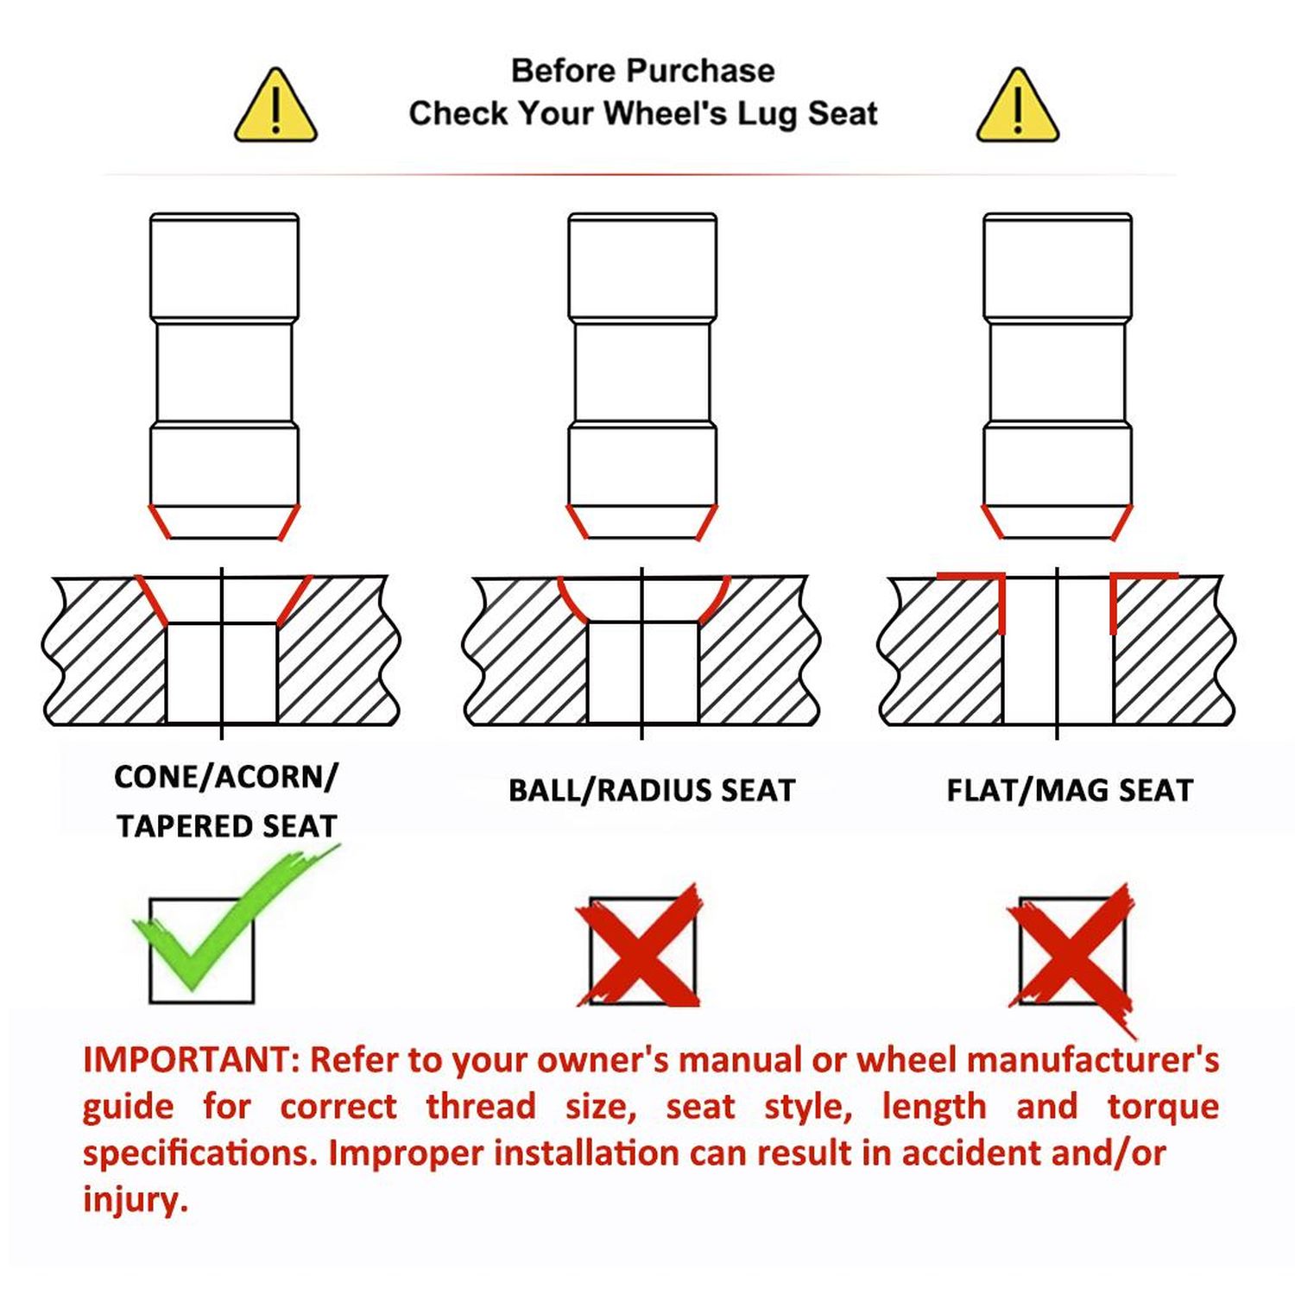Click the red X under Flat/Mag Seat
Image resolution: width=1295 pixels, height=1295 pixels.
tap(1072, 954)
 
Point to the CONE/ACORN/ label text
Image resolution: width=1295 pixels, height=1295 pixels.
tap(226, 777)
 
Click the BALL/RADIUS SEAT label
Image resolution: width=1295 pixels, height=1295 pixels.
tap(651, 791)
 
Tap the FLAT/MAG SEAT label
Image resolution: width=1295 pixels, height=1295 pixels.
tap(1070, 791)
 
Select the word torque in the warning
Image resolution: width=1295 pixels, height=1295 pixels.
tap(1163, 1106)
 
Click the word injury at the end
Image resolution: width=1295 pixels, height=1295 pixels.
tap(135, 1200)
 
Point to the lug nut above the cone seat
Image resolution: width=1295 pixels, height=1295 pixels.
tap(224, 376)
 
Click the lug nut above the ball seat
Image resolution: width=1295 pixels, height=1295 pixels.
tap(642, 376)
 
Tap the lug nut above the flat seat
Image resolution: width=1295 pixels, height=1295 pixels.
tap(1058, 376)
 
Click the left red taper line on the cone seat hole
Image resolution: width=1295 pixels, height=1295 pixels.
tap(152, 599)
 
